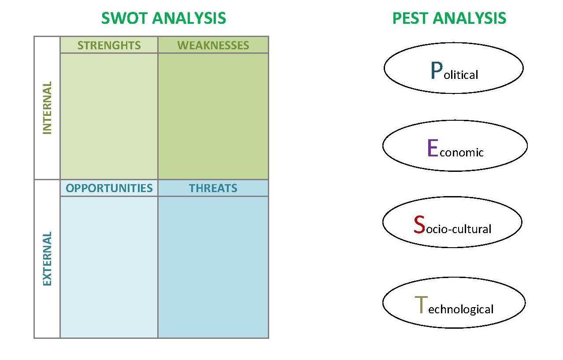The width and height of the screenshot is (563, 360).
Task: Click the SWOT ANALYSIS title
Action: point(163,19)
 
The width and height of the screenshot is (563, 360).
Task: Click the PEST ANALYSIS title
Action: point(449,19)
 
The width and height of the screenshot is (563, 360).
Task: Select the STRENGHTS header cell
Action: point(109,45)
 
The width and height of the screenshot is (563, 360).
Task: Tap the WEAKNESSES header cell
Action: point(213,45)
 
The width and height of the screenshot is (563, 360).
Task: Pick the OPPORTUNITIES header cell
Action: point(109,188)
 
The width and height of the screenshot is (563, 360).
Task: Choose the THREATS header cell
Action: point(213,188)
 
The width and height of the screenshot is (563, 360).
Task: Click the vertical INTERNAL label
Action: point(47,108)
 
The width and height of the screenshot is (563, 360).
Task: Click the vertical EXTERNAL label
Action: point(47,259)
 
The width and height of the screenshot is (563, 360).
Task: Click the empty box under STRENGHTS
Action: point(109,116)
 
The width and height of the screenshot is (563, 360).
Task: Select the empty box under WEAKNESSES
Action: point(213,116)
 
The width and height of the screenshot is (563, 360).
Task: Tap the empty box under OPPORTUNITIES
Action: point(109,267)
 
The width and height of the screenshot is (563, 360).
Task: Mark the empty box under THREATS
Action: point(213,267)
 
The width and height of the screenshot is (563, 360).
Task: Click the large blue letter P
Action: point(436,71)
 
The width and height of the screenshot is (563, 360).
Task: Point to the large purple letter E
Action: point(433,148)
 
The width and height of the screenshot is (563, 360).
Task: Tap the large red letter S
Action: point(419,225)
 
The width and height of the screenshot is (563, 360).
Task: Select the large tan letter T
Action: point(421,305)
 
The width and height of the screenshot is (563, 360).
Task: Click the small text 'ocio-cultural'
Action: point(459,229)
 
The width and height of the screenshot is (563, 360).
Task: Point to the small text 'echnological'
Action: point(461,309)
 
